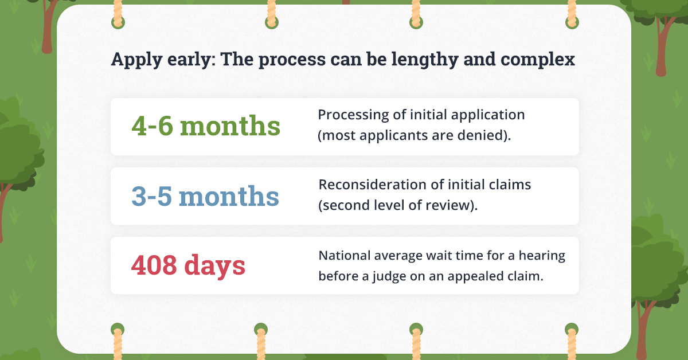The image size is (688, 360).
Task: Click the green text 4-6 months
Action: [206, 126]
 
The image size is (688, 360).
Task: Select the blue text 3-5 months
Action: [205, 196]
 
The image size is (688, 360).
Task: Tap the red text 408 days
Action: [188, 265]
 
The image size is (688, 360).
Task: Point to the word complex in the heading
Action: [538, 59]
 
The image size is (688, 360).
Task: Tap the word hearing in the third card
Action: [542, 256]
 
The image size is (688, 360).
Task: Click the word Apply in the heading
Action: [136, 59]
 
